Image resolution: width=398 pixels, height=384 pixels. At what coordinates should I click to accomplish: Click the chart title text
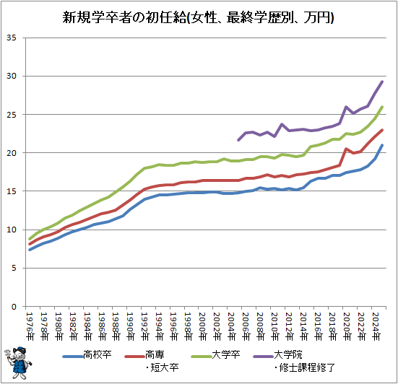click(198, 17)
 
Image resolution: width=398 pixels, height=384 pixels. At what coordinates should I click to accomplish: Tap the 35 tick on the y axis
click(11, 38)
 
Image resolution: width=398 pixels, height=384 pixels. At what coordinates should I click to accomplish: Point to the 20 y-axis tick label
click(11, 153)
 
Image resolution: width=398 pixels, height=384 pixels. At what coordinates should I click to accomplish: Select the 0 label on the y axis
click(14, 307)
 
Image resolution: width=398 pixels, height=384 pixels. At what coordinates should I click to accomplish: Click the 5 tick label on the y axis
click(14, 268)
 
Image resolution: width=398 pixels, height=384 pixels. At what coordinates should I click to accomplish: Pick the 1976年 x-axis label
click(30, 326)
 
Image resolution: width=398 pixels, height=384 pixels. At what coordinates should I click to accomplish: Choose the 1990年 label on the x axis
click(131, 326)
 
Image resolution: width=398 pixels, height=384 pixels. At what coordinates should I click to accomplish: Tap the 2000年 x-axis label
click(203, 326)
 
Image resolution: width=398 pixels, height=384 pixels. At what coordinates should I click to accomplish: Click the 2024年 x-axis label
click(376, 326)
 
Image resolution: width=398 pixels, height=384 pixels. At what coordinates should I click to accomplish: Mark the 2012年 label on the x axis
click(290, 326)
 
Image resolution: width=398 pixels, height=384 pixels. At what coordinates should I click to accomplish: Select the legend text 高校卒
click(98, 354)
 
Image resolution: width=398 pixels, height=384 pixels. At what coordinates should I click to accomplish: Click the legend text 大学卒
click(226, 354)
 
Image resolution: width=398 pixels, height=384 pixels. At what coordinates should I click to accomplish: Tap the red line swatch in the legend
click(134, 357)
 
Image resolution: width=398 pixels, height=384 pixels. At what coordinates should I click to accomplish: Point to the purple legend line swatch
click(263, 357)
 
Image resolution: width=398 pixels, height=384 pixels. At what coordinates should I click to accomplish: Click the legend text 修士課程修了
click(307, 367)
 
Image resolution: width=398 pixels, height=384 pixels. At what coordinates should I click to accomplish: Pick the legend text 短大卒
click(165, 367)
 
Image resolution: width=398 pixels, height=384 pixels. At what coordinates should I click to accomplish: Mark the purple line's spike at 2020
click(346, 107)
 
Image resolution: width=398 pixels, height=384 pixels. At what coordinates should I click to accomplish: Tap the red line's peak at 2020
click(346, 149)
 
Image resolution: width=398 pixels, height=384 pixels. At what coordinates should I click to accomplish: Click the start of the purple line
click(238, 140)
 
